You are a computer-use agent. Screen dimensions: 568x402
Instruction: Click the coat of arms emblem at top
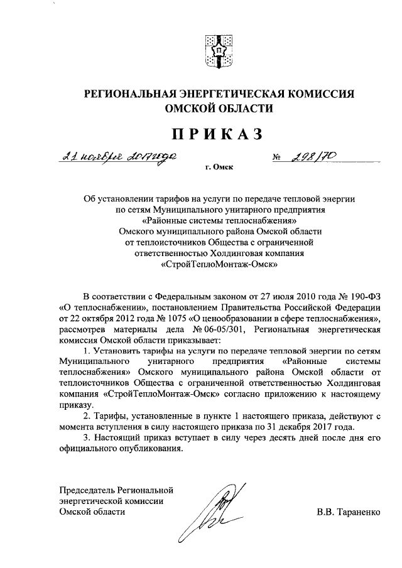pyautogui.click(x=220, y=50)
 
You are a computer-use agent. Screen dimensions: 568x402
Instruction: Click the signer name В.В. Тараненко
pyautogui.click(x=349, y=512)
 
